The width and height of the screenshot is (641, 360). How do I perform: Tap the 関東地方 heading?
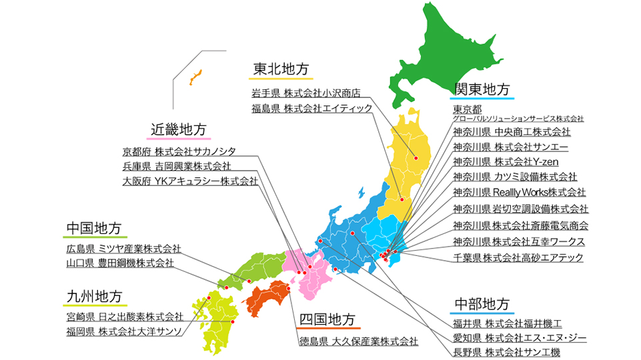tap(482, 89)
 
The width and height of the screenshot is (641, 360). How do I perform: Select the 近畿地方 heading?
tap(178, 129)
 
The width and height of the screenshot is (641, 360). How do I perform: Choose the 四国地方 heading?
tap(327, 319)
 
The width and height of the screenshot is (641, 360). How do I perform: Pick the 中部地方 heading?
tap(482, 305)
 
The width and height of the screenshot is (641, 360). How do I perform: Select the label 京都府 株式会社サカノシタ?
tap(179, 151)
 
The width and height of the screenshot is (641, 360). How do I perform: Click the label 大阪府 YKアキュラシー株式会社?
tap(190, 181)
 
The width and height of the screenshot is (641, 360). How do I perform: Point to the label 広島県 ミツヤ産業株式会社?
tap(123, 248)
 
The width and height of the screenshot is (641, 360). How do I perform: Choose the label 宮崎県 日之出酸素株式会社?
tap(125, 316)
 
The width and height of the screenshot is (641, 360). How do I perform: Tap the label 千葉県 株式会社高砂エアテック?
tap(518, 257)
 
